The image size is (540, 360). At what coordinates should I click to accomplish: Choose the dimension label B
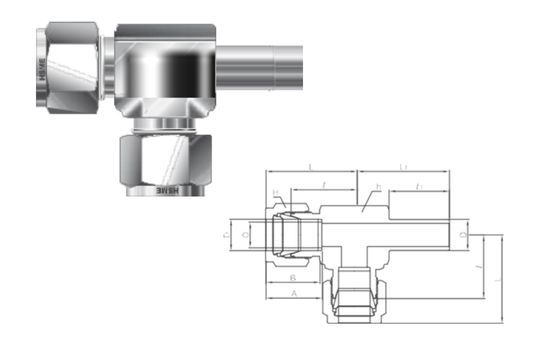[292, 277]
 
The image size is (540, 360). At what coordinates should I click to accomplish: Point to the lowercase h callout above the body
[378, 187]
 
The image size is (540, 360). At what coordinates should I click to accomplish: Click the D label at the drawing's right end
[461, 233]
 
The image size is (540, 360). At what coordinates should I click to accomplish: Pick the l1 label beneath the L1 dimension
[419, 186]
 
